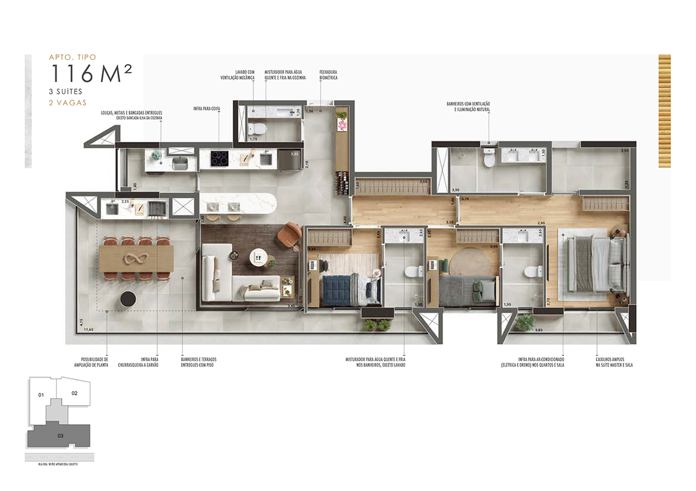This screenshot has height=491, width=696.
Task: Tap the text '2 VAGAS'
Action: point(67,102)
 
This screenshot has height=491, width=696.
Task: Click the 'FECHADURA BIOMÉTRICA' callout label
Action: point(328,75)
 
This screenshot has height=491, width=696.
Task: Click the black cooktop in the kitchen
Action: point(220,158)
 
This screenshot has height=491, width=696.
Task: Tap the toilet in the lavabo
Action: point(257,129)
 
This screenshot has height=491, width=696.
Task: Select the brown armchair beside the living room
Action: point(290,236)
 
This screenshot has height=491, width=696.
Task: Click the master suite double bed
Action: point(593,266)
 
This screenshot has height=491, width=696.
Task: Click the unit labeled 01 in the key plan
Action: point(41,395)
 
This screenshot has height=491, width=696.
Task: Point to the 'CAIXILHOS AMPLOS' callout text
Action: point(614,362)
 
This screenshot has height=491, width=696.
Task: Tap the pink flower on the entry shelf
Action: point(341,125)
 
